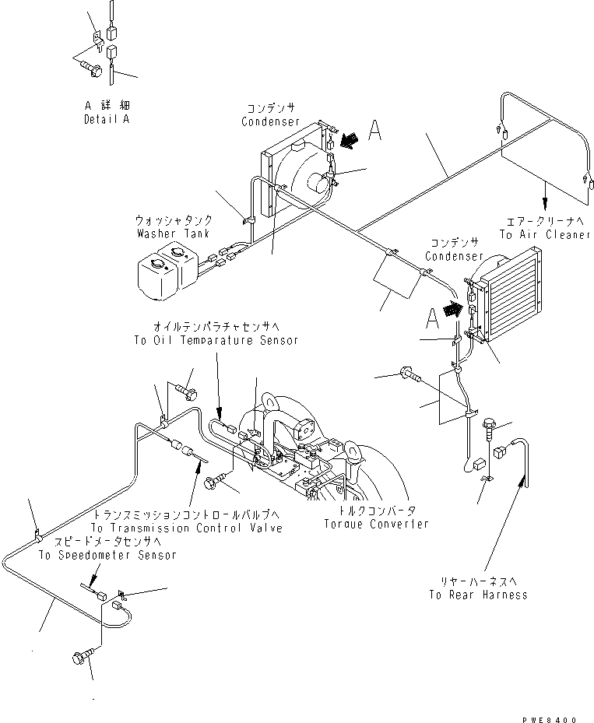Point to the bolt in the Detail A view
click(91, 70)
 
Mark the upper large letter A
click(374, 133)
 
